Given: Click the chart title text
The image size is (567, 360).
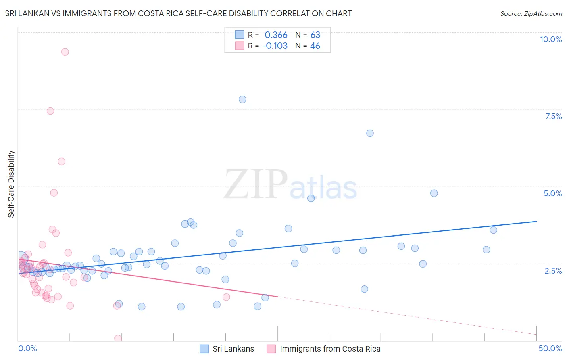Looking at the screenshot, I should click(178, 13).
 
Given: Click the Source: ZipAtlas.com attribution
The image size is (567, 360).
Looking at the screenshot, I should click(531, 13).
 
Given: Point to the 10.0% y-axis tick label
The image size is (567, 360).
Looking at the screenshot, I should click(550, 39).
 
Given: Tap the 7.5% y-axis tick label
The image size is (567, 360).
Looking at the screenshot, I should click(553, 116).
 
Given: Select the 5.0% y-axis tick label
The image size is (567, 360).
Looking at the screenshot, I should click(552, 193).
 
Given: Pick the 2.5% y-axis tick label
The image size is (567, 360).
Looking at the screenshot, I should click(553, 271).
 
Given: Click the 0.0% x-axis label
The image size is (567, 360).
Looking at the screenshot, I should click(27, 348).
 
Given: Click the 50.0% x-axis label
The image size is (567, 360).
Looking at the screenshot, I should click(550, 348).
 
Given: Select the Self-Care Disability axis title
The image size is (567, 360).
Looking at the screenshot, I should click(11, 184).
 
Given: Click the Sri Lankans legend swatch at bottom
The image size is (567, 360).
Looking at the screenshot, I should click(204, 349).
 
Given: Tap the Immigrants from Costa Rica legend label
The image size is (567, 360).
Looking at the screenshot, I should click(330, 349).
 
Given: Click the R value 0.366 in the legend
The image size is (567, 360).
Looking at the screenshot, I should click(276, 35).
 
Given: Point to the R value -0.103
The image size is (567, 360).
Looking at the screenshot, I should click(275, 46).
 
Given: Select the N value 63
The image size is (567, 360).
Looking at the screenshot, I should click(315, 35).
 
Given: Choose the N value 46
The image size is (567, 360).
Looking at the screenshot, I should click(315, 46).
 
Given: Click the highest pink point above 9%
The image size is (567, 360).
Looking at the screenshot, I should click(65, 52).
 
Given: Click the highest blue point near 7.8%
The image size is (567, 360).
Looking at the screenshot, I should click(242, 99).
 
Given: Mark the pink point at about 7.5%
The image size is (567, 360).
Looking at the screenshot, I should click(50, 111).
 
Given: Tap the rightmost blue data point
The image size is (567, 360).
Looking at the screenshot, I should click(493, 230).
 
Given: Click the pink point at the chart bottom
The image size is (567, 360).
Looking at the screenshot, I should click(118, 338).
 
